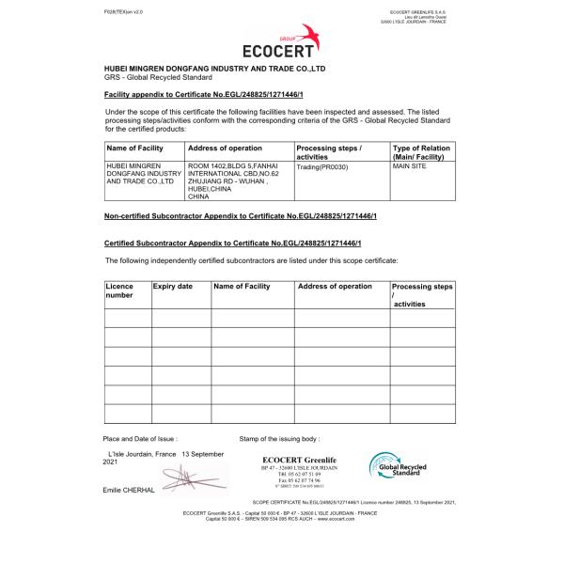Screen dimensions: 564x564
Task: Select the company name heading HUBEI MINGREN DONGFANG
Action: (214, 70)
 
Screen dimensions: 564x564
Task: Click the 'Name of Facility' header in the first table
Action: (135, 148)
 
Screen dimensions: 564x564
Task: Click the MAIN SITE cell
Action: (411, 165)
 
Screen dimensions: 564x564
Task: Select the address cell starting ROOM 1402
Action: (235, 181)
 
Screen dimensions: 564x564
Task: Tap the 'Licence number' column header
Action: (119, 290)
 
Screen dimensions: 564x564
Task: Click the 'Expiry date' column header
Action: (173, 286)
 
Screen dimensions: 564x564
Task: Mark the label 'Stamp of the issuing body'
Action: (279, 439)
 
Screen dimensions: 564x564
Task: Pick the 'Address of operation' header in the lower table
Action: (335, 286)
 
